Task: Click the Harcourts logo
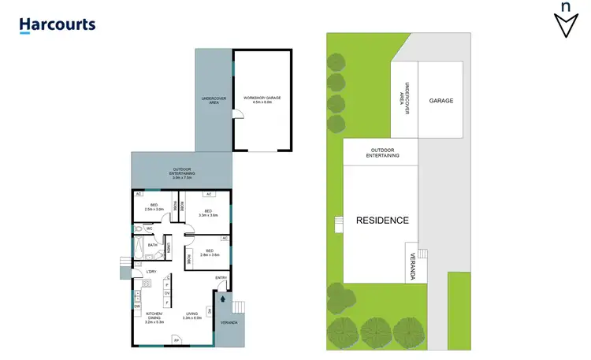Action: coord(58,24)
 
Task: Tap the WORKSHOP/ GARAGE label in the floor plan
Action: coord(262,100)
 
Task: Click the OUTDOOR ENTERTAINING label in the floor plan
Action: coord(183,173)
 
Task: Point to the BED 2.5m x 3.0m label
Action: coord(154,207)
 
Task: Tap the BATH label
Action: coord(152,245)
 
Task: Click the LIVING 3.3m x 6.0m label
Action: coord(193,317)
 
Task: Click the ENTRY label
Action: coord(221,278)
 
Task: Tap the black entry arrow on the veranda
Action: coord(223,299)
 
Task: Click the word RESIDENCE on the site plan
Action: coord(382,221)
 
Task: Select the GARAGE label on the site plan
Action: coord(441,102)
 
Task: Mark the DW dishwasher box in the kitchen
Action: coord(136,306)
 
